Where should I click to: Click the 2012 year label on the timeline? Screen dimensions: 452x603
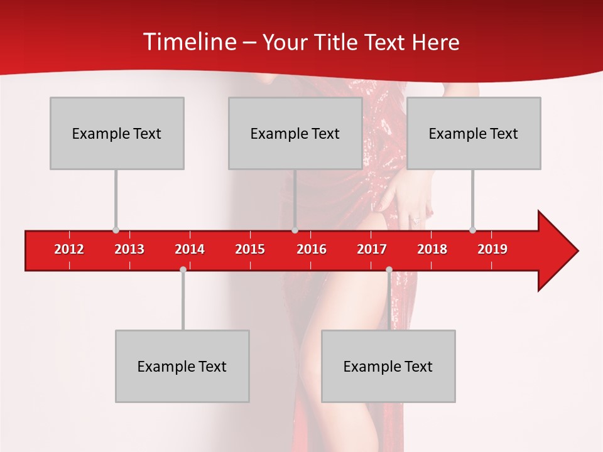click(x=69, y=249)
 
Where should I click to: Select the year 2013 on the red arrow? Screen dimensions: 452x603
click(x=129, y=249)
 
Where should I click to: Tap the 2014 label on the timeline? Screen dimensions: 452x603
click(x=190, y=249)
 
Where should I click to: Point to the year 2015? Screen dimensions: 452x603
click(x=250, y=249)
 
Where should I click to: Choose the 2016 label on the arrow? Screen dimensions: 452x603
click(x=312, y=249)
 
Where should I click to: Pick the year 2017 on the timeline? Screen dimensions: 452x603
click(x=372, y=249)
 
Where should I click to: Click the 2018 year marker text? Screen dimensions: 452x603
click(x=432, y=249)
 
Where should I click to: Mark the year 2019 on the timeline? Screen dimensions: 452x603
click(x=492, y=249)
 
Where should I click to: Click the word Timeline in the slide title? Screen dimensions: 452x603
click(x=189, y=42)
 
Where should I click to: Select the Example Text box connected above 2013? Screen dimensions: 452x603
click(x=117, y=133)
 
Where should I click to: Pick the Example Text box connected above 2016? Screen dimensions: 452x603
click(x=295, y=133)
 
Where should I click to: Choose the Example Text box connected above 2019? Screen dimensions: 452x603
click(x=474, y=133)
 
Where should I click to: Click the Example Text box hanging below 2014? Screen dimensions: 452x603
click(x=182, y=366)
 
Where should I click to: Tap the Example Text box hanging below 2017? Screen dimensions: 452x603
click(x=388, y=366)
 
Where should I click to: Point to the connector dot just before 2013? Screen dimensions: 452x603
click(x=116, y=230)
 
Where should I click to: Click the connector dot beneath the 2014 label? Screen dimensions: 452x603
click(x=183, y=269)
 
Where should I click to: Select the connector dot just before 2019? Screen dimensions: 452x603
click(x=472, y=230)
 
